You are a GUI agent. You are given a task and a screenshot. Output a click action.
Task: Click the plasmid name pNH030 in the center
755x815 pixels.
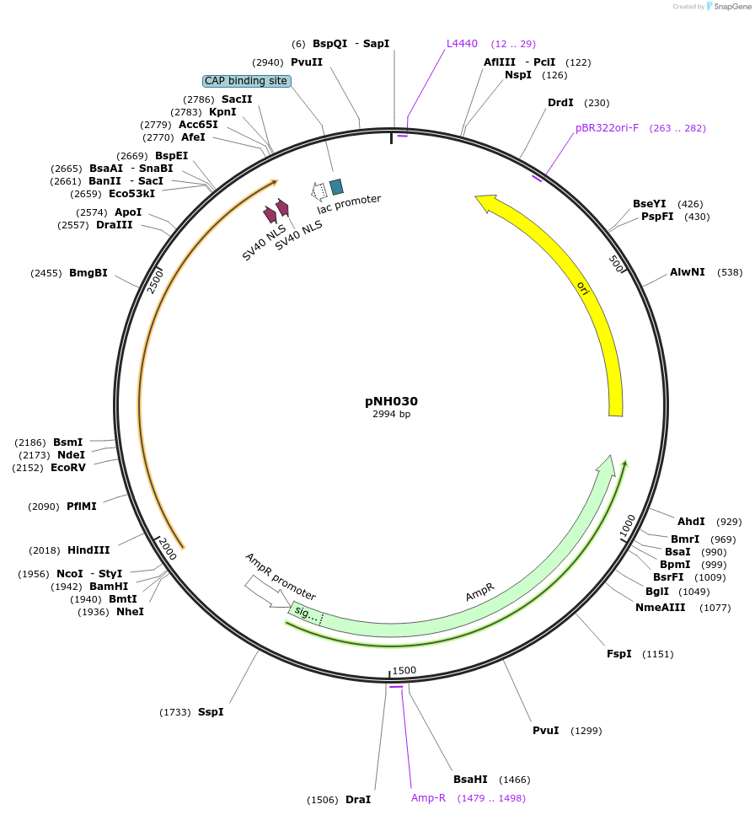pyautogui.click(x=391, y=401)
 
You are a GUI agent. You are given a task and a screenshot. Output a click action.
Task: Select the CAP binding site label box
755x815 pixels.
pyautogui.click(x=246, y=81)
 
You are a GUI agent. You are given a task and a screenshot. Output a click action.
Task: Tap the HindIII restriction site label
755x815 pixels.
pyautogui.click(x=88, y=550)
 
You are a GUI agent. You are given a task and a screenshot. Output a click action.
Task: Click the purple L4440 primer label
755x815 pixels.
pyautogui.click(x=462, y=44)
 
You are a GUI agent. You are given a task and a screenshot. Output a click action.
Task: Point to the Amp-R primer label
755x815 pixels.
pyautogui.click(x=428, y=797)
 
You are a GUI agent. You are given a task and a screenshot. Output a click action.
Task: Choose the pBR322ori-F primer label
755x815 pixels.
pyautogui.click(x=607, y=128)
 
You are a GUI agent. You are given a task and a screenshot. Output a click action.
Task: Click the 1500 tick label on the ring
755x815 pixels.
pyautogui.click(x=404, y=670)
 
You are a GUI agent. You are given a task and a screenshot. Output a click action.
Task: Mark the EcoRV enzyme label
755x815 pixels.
pyautogui.click(x=68, y=468)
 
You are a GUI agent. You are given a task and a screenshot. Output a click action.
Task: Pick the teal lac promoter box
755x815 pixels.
pyautogui.click(x=336, y=186)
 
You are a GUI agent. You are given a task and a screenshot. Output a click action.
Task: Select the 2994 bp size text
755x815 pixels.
pyautogui.click(x=391, y=414)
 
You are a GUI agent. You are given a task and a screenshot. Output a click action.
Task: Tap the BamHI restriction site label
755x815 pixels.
pyautogui.click(x=109, y=587)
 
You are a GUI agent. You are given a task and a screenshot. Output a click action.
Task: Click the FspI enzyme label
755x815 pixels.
pyautogui.click(x=619, y=654)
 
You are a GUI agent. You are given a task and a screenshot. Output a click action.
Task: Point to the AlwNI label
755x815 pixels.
pyautogui.click(x=688, y=272)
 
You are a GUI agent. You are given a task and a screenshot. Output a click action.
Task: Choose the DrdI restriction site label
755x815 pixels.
pyautogui.click(x=560, y=103)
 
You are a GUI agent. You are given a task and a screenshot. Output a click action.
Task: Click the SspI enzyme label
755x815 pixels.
pyautogui.click(x=211, y=712)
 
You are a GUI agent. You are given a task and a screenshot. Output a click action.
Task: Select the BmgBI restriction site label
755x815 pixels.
pyautogui.click(x=88, y=273)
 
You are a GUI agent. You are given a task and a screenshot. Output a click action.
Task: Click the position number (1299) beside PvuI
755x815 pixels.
pyautogui.click(x=586, y=731)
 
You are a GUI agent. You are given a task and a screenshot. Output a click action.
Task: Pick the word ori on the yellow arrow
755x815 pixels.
pyautogui.click(x=582, y=288)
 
